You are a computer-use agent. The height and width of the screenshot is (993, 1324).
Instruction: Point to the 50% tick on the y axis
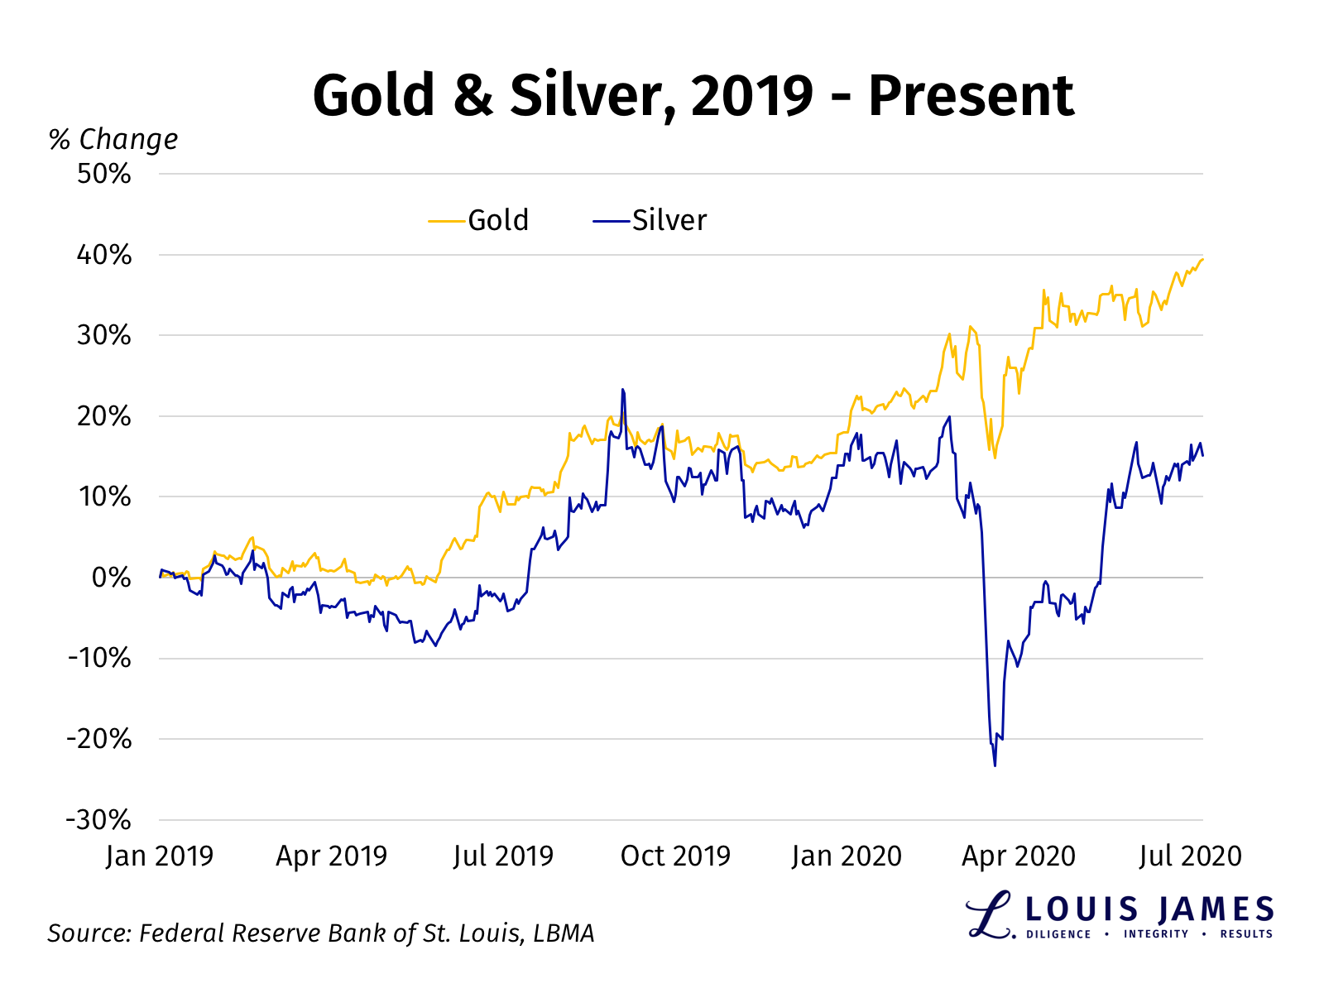(x=104, y=174)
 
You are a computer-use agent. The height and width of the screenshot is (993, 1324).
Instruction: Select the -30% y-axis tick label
(x=99, y=820)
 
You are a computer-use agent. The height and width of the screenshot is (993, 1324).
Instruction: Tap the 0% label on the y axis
(x=111, y=578)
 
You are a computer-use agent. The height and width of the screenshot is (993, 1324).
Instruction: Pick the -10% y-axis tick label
(x=99, y=659)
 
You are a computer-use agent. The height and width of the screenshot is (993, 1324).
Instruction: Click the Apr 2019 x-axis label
(x=331, y=856)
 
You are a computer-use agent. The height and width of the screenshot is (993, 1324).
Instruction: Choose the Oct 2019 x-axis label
(x=675, y=856)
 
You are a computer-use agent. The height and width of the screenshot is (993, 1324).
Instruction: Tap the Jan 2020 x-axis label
(x=846, y=856)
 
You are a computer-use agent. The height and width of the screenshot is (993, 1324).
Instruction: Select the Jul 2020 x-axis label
(x=1189, y=856)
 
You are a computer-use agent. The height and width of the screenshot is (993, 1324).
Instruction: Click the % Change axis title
(x=113, y=139)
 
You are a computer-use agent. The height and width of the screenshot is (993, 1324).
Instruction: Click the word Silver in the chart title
(x=584, y=95)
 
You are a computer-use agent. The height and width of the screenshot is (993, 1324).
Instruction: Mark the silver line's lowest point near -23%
(x=995, y=765)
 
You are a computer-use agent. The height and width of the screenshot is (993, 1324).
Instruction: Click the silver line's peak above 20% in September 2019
(x=622, y=390)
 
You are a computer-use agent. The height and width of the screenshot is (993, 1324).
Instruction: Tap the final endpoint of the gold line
(x=1202, y=260)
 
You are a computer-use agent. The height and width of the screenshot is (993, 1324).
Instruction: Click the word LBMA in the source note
(x=564, y=933)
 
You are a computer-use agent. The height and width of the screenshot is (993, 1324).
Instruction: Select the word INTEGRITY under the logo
(x=1155, y=934)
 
